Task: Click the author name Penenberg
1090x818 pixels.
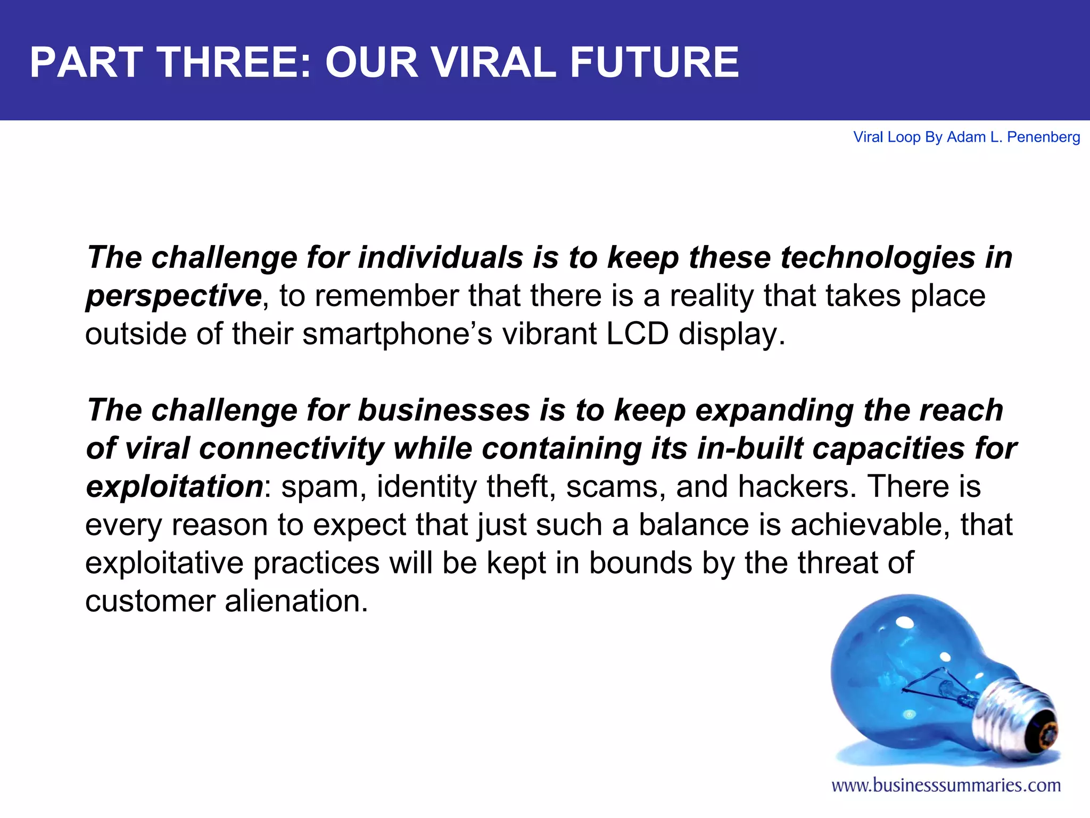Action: click(x=1043, y=137)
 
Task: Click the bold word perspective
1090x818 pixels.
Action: click(x=174, y=296)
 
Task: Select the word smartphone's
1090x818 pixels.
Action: click(x=397, y=334)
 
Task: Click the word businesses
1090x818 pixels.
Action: click(x=444, y=411)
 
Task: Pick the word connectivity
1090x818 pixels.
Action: click(x=291, y=448)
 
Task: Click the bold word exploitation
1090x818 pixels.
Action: click(x=175, y=487)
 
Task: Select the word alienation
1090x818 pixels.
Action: click(x=296, y=601)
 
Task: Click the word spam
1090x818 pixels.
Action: click(x=323, y=487)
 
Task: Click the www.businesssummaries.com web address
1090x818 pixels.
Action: click(x=946, y=786)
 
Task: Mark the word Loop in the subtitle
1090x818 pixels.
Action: click(x=904, y=137)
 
